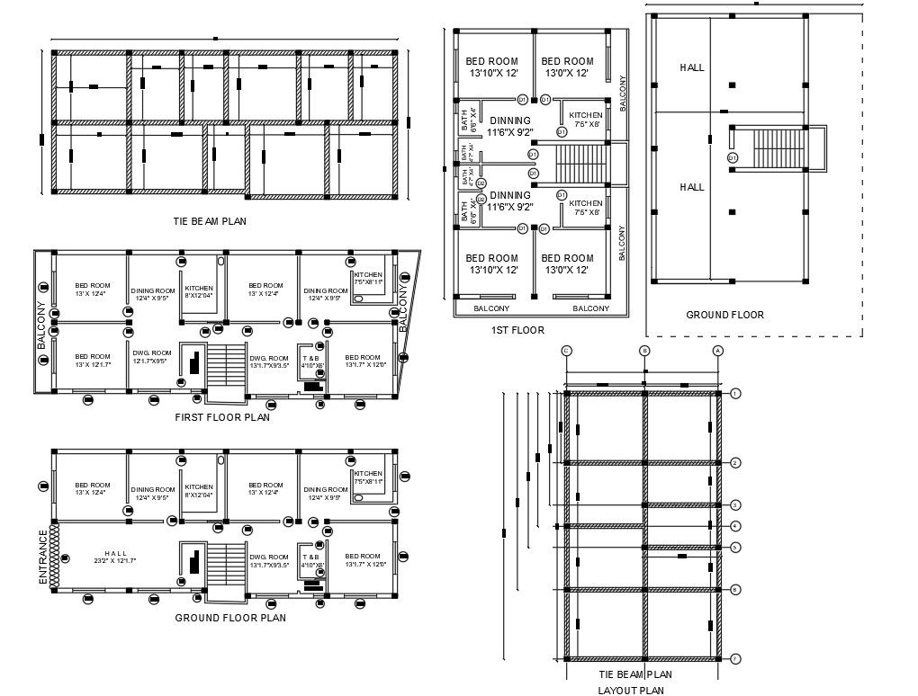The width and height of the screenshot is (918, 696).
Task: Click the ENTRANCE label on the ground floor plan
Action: coord(42,558)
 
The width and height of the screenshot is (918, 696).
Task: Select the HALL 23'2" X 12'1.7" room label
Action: coord(117,558)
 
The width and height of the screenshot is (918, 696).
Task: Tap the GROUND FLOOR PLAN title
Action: coord(230,618)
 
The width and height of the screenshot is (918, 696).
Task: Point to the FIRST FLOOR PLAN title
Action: coord(222,416)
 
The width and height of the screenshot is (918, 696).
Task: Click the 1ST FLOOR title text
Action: coord(517,330)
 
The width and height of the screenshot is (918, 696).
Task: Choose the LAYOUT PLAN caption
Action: coord(631,691)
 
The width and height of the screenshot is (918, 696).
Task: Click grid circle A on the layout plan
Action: coord(717,350)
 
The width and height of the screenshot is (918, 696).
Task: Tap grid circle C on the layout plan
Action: coord(566,350)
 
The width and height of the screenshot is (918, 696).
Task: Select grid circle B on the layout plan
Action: coord(644,350)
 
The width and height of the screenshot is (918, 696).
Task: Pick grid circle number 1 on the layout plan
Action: coord(735,394)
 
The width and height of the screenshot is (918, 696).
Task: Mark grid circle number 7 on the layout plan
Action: coord(735,659)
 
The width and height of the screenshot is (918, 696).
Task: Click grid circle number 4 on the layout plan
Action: coord(735,526)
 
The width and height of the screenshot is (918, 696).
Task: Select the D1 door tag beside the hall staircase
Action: coord(733,157)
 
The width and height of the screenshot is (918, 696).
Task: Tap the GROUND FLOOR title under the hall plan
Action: coord(724,315)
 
